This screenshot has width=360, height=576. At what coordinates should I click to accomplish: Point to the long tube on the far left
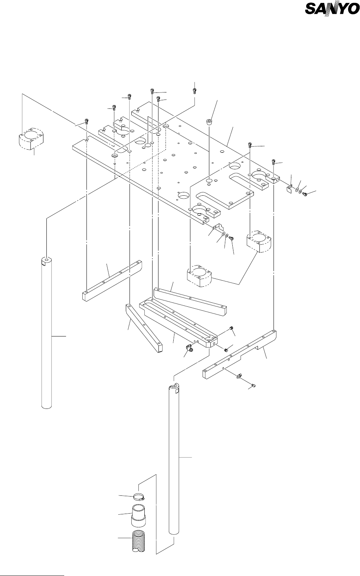[x=46, y=334]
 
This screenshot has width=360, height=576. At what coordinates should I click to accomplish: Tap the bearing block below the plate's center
[x=201, y=276]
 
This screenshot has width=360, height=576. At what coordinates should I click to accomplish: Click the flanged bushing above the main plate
[x=209, y=121]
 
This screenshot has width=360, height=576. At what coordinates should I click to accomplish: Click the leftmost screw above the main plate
[x=87, y=121]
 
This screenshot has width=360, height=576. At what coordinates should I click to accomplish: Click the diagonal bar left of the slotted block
[x=143, y=327]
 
